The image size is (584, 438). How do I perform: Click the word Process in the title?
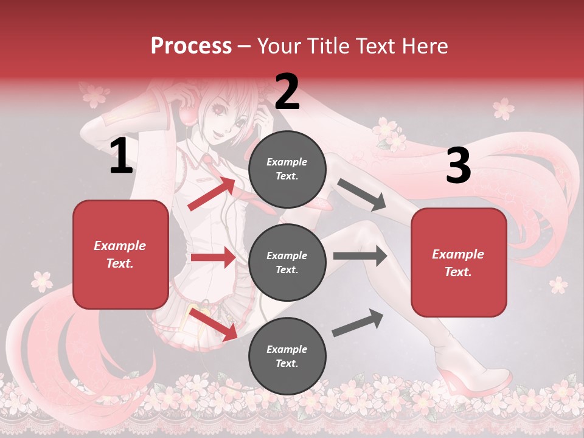coord(191,46)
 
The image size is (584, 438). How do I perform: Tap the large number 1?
coord(121,156)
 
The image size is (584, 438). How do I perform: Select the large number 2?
coord(287,92)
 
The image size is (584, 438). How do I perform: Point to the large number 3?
coord(458,166)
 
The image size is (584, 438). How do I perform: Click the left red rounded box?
coord(120,254)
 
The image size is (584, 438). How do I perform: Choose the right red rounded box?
coord(459,262)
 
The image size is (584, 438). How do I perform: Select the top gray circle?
coord(287,169)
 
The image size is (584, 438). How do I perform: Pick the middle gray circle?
coord(287,263)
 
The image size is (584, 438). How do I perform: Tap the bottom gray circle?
coord(287,356)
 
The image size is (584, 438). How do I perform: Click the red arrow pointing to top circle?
coord(212,193)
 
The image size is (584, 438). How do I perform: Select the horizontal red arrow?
coord(213,257)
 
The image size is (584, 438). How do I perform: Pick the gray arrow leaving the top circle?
coord(362,195)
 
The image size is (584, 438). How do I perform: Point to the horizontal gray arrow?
coord(360,256)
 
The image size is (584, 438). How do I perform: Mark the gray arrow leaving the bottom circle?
coord(358,322)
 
